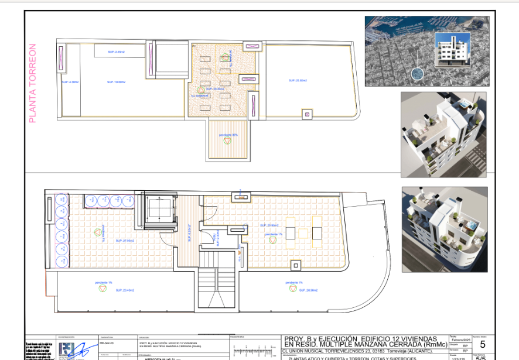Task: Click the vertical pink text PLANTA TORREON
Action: pos(33,83)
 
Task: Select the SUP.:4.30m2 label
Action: pos(70,82)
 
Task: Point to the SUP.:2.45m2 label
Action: pos(116,52)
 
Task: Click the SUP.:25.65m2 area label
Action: pos(298,80)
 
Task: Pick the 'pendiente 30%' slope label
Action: pos(228,135)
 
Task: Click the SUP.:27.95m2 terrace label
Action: pos(125,241)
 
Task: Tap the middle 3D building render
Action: pos(443,133)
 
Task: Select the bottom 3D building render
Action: pos(443,229)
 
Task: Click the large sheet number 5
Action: pos(482,345)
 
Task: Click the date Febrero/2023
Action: pos(460,340)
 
